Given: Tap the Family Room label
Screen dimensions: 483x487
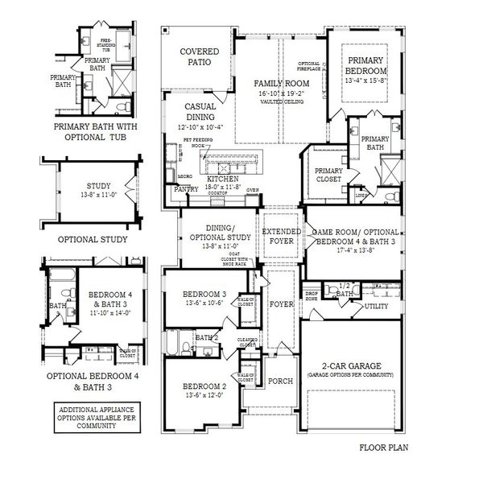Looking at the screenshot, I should (x=282, y=84).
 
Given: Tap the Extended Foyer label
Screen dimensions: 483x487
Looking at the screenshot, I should (x=282, y=236).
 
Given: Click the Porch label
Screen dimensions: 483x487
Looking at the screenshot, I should (x=280, y=382).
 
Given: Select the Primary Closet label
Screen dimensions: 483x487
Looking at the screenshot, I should (x=328, y=175).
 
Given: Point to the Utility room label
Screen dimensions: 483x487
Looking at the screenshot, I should (x=377, y=307).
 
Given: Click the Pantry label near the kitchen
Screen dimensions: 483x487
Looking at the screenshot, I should (x=186, y=189).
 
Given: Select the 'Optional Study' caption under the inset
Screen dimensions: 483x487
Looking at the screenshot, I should (x=94, y=240).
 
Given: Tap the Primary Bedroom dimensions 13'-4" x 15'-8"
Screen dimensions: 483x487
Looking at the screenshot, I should (x=367, y=80).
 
